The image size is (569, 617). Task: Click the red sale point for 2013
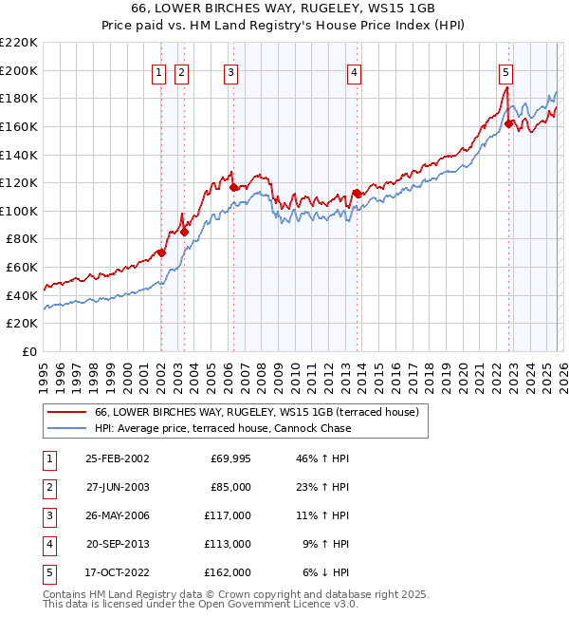[357, 193]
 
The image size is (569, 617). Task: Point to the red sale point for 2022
[509, 123]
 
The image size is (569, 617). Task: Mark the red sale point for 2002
[162, 252]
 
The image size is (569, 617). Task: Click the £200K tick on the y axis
[19, 70]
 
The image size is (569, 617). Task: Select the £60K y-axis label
[22, 268]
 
